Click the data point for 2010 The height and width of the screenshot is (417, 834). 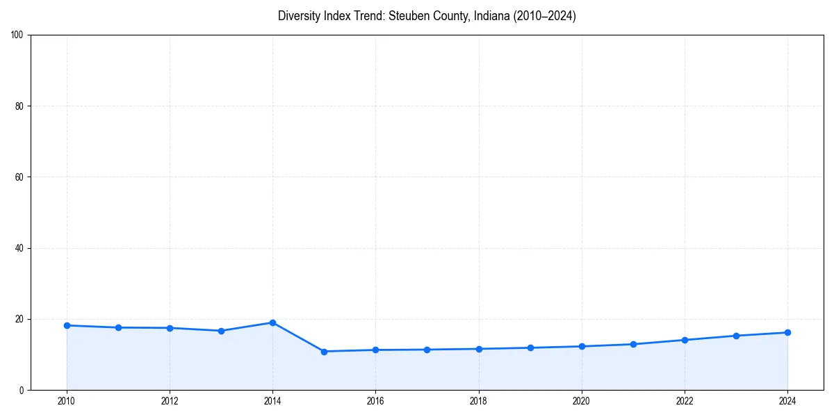67,325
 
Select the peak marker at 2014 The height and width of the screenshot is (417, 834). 272,322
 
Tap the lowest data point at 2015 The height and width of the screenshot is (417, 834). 324,352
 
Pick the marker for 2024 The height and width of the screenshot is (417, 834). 787,332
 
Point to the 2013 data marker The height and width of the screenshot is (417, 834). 221,331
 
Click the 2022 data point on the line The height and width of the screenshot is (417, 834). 685,340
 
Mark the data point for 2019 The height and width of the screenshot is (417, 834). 530,347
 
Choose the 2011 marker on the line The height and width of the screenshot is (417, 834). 118,327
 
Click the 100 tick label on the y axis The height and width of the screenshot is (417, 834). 17,35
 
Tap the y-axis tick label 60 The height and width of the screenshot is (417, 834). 19,177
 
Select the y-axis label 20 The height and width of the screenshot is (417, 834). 19,319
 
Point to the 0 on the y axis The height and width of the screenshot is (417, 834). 22,390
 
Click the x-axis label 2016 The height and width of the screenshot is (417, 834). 375,401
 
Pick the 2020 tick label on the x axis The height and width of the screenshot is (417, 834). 582,401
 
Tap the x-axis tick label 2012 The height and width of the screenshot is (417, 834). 170,401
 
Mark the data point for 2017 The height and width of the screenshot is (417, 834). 427,350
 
